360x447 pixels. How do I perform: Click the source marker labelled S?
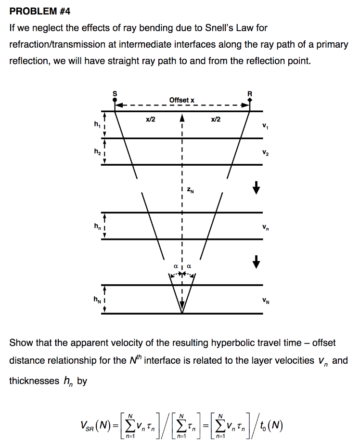click(x=115, y=99)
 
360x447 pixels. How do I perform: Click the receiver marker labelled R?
click(x=250, y=99)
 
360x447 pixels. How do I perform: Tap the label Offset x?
click(x=182, y=100)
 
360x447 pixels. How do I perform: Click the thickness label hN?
click(x=97, y=299)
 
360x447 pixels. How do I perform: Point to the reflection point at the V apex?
click(x=182, y=313)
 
